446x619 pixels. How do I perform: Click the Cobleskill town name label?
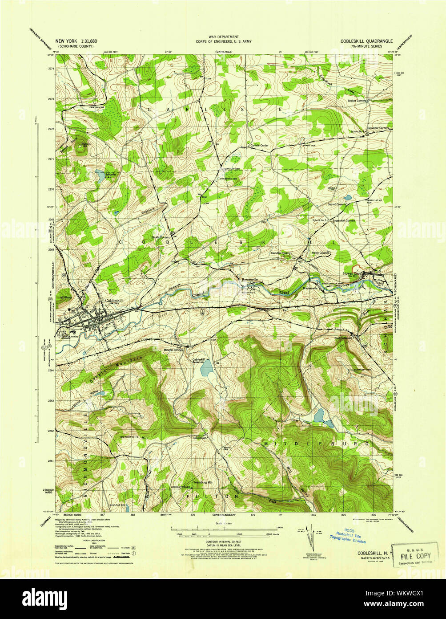(x=113, y=300)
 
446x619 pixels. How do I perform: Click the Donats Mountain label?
(x=117, y=369)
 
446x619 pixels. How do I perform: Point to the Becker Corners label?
(x=357, y=101)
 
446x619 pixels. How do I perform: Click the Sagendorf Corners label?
(x=344, y=220)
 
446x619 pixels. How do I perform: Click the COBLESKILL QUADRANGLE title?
(x=367, y=41)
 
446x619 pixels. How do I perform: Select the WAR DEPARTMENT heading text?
(x=224, y=37)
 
